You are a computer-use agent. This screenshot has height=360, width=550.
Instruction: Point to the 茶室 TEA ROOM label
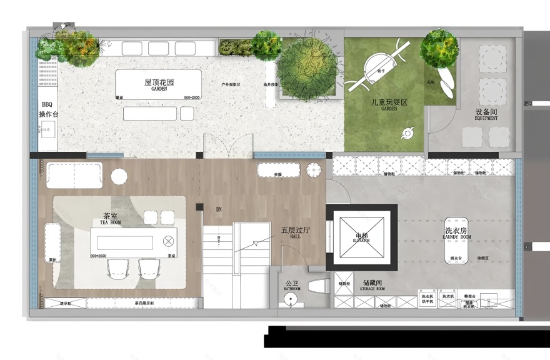(111, 219)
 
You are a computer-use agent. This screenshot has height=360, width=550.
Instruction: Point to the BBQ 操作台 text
(48, 109)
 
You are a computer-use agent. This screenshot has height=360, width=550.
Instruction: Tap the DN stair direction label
(219, 209)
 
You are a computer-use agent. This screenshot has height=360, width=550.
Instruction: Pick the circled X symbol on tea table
(167, 241)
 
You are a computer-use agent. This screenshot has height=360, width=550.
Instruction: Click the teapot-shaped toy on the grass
(407, 132)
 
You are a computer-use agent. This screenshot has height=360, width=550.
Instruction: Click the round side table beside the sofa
(118, 176)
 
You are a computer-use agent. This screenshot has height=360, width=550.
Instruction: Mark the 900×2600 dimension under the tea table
(99, 256)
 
